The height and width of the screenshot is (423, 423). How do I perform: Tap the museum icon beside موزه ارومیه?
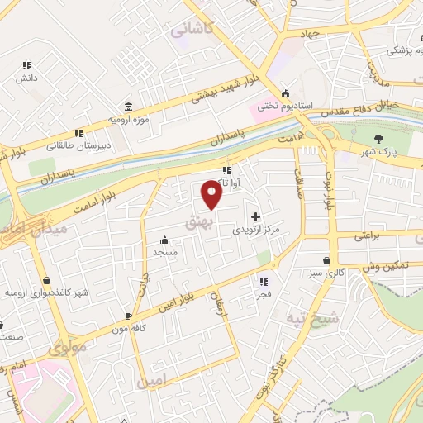128,107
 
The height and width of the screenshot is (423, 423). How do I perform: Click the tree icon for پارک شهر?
379,139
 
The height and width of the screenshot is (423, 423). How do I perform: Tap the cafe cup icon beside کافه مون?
128,316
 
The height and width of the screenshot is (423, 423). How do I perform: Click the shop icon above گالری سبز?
327,260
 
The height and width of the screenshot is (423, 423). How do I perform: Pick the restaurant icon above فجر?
260,282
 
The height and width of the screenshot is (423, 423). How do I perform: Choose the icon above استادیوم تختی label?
285,93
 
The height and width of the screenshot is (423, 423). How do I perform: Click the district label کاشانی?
192,30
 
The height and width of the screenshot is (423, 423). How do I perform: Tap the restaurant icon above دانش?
26,65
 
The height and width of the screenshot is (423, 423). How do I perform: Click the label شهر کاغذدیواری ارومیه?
46,293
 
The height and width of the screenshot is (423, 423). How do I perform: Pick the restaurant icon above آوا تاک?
226,170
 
